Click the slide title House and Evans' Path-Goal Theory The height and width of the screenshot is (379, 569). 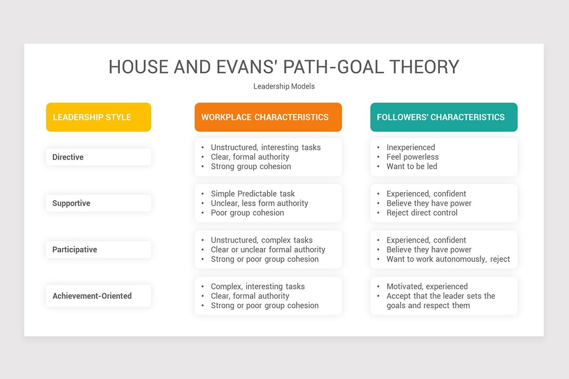coord(284,67)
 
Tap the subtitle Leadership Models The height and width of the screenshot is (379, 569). coord(284,86)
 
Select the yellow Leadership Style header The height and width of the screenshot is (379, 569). coord(98,117)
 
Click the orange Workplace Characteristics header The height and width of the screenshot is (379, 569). coord(268,117)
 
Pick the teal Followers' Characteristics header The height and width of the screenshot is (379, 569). coord(443,117)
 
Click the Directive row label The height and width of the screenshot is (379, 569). coord(68,157)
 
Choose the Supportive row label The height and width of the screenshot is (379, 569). coord(71,203)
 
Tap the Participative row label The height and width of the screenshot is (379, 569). coord(74,250)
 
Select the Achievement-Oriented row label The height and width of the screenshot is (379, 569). coord(92,296)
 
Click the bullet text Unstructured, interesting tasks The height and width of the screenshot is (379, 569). coord(266,147)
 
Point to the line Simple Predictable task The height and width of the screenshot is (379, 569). coord(253,194)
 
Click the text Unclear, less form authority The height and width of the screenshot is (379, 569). coord(259,203)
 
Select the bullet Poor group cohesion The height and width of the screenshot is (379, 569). coord(247,213)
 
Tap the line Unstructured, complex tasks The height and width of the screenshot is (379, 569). coord(262,240)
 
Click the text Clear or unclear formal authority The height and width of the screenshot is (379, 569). coord(268,250)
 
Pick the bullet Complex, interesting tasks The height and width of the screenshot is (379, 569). coord(257,287)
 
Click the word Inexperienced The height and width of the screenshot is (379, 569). coord(411,147)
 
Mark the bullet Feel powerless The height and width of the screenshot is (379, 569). coord(413,157)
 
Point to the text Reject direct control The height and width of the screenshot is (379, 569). coord(422,213)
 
